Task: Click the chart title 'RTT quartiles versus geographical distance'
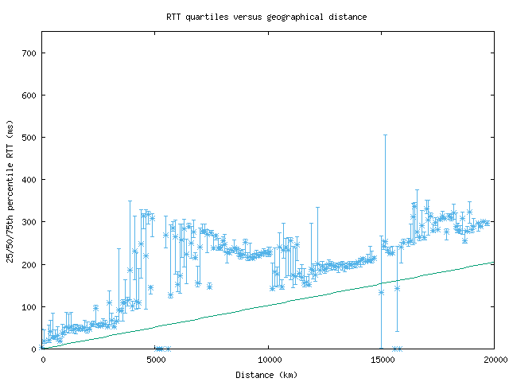pyautogui.click(x=266, y=17)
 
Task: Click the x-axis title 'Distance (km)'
pyautogui.click(x=268, y=374)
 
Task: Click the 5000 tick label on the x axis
pyautogui.click(x=156, y=360)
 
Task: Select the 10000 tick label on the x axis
pyautogui.click(x=269, y=360)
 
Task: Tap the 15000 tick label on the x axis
pyautogui.click(x=382, y=360)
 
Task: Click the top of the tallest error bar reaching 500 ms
pyautogui.click(x=386, y=134)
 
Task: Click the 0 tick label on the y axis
pyautogui.click(x=35, y=349)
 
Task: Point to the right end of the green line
pyautogui.click(x=494, y=263)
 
